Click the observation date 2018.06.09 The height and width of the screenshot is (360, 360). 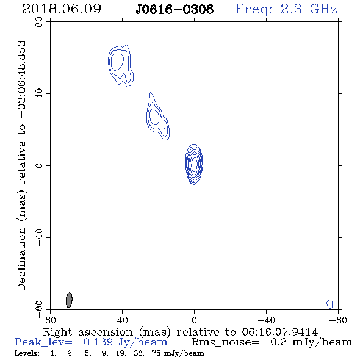point(62,9)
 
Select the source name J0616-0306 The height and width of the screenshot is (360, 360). point(175,10)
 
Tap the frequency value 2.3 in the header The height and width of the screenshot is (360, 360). point(291,9)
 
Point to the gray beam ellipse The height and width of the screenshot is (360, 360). point(69,300)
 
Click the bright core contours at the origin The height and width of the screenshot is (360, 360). point(194,164)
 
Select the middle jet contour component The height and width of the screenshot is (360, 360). point(157,117)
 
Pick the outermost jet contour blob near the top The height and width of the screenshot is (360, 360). point(121,66)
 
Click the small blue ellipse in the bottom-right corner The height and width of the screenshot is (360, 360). point(329,304)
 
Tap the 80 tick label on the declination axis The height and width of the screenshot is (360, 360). point(39,22)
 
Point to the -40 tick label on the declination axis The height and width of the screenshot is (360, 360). point(39,237)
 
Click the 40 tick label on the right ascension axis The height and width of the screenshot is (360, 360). point(123,320)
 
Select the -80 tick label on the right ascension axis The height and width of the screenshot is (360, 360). point(338,320)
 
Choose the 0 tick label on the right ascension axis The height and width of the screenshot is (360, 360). point(194,320)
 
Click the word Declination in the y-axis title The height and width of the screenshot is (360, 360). point(21,259)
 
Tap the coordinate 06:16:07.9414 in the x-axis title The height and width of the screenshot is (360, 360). point(279,332)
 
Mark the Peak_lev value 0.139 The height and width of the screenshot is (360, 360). point(98,342)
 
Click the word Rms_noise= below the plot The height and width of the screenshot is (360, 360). point(225,342)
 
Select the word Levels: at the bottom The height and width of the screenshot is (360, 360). point(27,353)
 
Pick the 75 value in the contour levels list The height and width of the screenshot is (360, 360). point(156,353)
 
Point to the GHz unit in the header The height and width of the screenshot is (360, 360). point(324,9)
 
